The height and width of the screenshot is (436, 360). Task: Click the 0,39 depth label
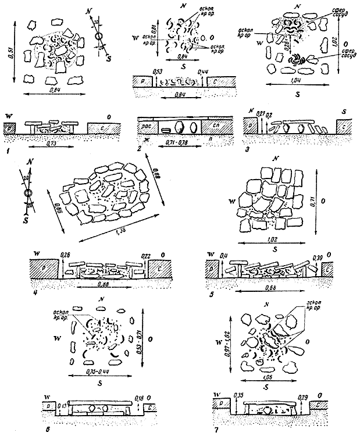tap(318, 256)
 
